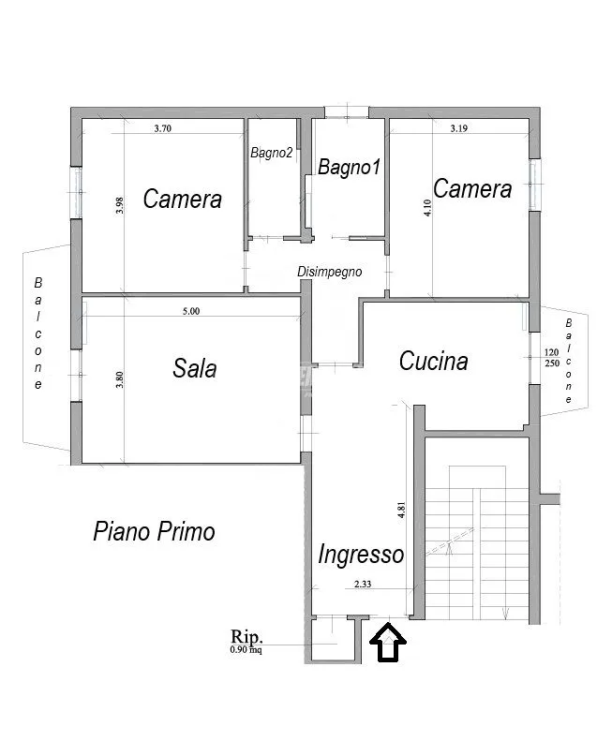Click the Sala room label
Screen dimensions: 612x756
point(195,368)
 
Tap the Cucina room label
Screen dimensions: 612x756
point(434,361)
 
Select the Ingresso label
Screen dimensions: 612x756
point(361,555)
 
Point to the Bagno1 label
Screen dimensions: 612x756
point(350,167)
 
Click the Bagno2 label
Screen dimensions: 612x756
point(272,153)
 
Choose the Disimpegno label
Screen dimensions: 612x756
point(329,272)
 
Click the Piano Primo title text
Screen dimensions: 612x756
point(154,532)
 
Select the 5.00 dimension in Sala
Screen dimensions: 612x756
point(191,311)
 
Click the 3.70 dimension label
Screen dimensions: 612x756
point(162,128)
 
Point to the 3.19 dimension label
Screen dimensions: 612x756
point(458,128)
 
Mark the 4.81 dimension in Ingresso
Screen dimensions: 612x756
point(401,510)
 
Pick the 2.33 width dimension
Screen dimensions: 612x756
point(363,584)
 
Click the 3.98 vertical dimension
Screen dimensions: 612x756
point(120,205)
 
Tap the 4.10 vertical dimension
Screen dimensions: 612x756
point(427,208)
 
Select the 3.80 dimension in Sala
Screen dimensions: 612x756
point(120,379)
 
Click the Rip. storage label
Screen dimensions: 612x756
point(246,637)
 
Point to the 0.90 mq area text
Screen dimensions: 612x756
point(246,649)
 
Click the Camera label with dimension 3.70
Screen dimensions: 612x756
point(183,199)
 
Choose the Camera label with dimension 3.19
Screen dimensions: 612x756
point(472,188)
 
